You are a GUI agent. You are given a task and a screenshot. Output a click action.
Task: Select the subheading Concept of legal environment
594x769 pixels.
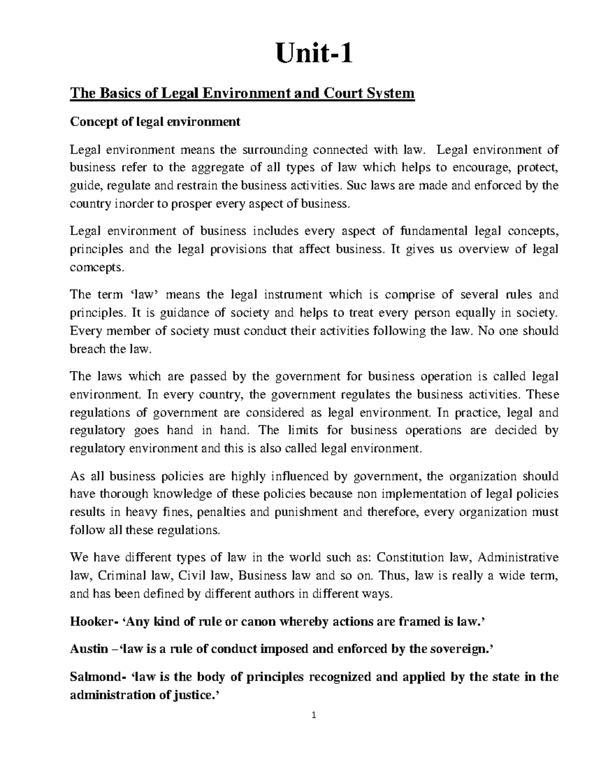click(155, 121)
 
